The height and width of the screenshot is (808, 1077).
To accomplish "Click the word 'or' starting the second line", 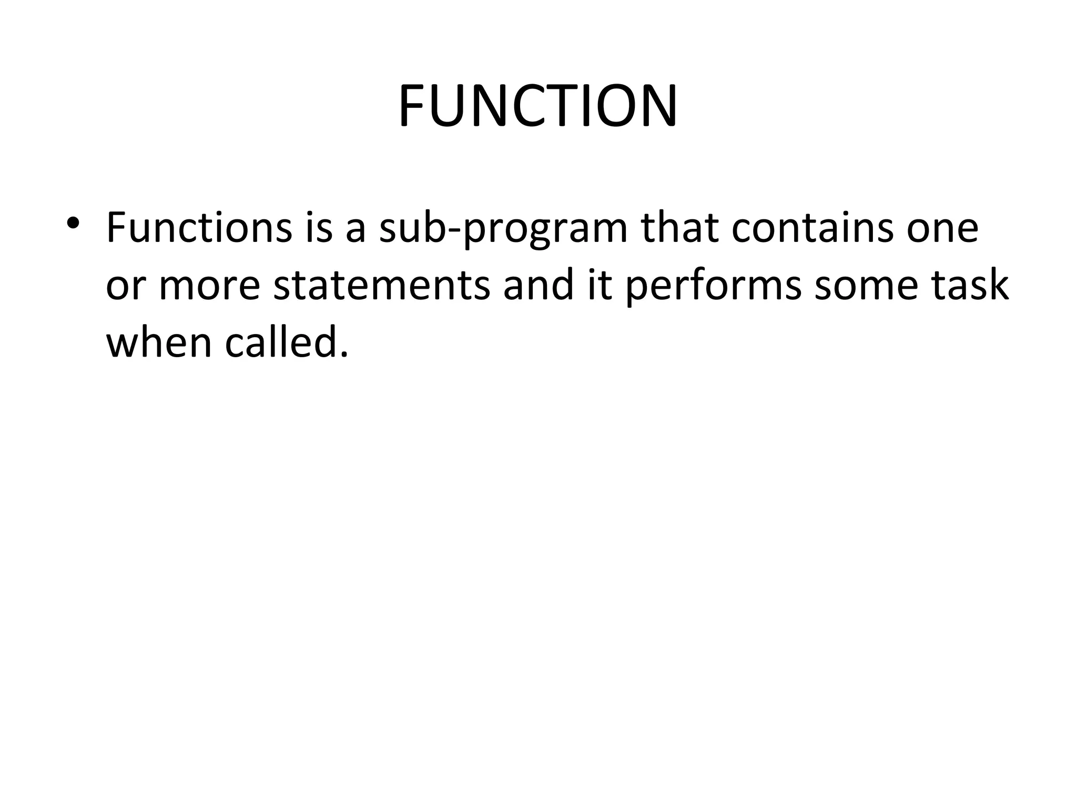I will [125, 287].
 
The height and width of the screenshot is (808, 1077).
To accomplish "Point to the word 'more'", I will [209, 287].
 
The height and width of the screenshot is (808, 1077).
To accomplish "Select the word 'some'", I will [866, 287].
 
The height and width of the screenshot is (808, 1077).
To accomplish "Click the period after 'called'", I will [344, 355].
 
